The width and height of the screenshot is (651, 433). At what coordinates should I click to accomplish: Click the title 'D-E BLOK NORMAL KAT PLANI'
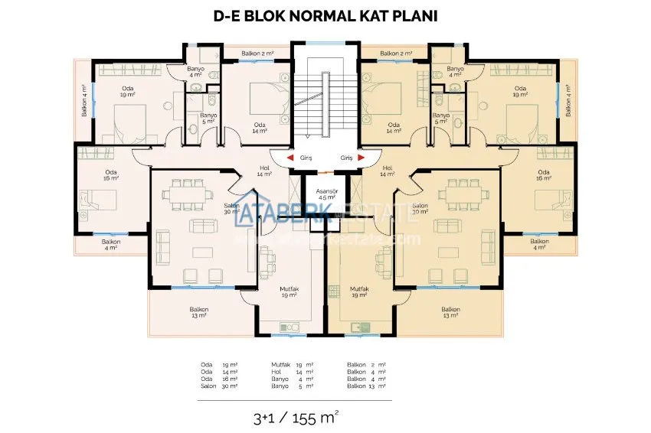[326, 17]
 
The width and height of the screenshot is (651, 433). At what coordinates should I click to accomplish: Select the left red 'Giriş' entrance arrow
[290, 158]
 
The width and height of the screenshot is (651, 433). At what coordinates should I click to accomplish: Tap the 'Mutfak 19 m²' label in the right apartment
[360, 292]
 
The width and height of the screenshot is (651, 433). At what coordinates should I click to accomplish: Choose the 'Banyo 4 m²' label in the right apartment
[454, 72]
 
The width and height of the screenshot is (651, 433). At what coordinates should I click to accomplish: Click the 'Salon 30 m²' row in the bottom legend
[219, 386]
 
